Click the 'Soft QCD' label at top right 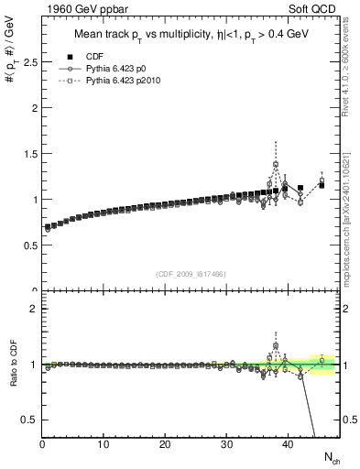(x=315, y=8)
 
